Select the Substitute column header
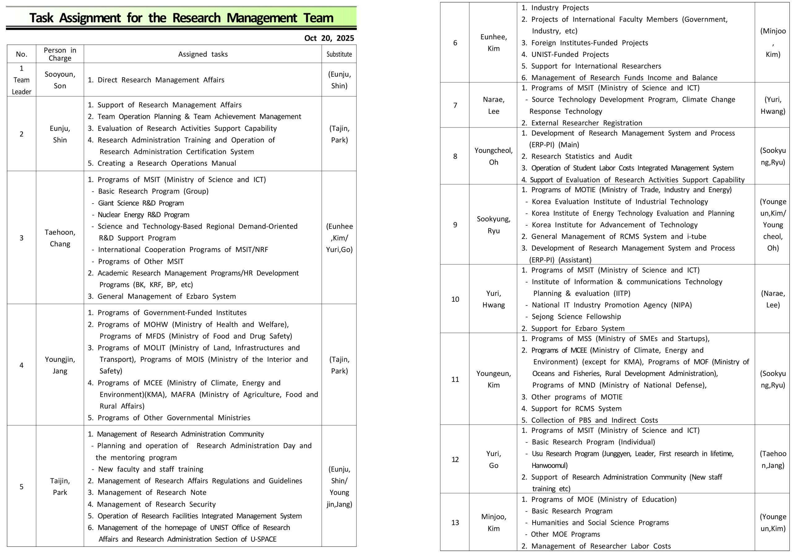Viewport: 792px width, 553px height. click(x=339, y=54)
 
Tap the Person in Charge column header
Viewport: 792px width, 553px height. click(x=60, y=54)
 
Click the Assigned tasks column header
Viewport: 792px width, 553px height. click(x=203, y=54)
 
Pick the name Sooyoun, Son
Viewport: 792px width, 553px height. click(x=60, y=80)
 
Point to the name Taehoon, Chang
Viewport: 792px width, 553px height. click(x=60, y=238)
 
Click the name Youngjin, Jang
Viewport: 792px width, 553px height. click(x=60, y=365)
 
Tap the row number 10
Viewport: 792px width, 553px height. click(x=455, y=299)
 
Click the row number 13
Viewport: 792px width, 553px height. click(x=455, y=522)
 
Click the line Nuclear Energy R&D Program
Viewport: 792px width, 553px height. click(x=143, y=214)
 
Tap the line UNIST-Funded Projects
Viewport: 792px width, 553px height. click(x=570, y=54)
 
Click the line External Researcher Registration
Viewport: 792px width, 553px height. click(x=586, y=123)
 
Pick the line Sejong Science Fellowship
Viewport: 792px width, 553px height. click(x=576, y=317)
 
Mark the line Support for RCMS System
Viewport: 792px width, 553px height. click(x=576, y=409)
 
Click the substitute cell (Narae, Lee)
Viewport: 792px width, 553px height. click(x=773, y=299)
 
